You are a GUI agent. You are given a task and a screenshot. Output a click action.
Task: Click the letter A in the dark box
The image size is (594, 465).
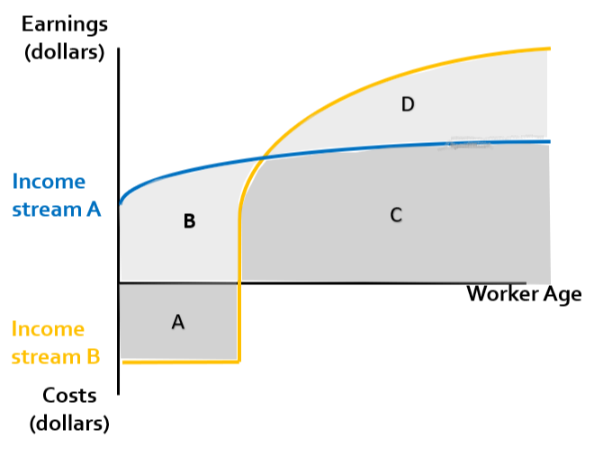(178, 322)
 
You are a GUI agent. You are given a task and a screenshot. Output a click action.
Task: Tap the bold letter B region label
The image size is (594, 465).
(189, 220)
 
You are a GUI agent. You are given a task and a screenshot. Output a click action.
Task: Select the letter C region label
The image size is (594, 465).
(395, 215)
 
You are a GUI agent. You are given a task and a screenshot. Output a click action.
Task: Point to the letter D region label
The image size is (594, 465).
(408, 105)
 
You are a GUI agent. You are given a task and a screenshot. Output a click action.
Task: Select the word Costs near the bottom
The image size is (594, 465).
(68, 396)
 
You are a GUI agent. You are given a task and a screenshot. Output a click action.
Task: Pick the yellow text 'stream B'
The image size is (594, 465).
(56, 356)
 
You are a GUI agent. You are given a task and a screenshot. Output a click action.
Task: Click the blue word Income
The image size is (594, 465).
(49, 182)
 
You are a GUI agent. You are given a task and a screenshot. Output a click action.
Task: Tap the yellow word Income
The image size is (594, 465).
(49, 329)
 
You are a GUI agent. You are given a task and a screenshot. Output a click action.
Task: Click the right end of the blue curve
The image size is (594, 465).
(548, 141)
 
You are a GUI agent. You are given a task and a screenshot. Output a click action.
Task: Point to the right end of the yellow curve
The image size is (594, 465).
(547, 49)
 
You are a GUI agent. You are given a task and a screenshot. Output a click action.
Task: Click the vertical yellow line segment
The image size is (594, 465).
(238, 288)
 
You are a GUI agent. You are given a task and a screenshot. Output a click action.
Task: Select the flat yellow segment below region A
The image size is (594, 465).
(180, 362)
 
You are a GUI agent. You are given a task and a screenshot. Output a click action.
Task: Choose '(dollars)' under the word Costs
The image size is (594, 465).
(69, 422)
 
